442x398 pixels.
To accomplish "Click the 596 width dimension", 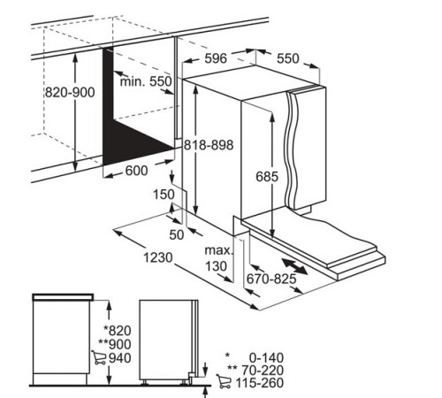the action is pyautogui.click(x=216, y=58).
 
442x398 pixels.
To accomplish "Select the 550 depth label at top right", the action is pyautogui.click(x=288, y=58).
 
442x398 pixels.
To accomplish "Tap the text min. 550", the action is pyautogui.click(x=146, y=81).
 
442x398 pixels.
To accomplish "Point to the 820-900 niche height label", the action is pyautogui.click(x=70, y=93).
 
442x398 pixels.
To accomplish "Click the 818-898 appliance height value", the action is pyautogui.click(x=209, y=145).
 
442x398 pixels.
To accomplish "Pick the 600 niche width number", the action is pyautogui.click(x=136, y=171).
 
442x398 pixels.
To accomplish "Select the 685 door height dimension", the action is pyautogui.click(x=267, y=177).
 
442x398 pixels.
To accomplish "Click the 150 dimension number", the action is pyautogui.click(x=164, y=195).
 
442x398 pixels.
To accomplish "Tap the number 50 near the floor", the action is pyautogui.click(x=177, y=234).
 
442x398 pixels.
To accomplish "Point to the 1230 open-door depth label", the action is pyautogui.click(x=158, y=257).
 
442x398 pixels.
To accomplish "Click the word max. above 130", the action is pyautogui.click(x=219, y=250).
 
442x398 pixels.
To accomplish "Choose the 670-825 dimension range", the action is pyautogui.click(x=271, y=279).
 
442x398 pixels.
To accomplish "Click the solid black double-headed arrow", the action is pyautogui.click(x=294, y=266).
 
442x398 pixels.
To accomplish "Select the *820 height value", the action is pyautogui.click(x=118, y=331).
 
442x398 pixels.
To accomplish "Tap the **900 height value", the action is pyautogui.click(x=115, y=344).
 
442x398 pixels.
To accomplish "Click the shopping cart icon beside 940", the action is pyautogui.click(x=99, y=357).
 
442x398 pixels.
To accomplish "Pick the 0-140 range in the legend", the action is pyautogui.click(x=266, y=357).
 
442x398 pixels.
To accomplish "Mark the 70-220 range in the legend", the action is pyautogui.click(x=263, y=370).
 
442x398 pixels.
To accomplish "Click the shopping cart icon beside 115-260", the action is pyautogui.click(x=224, y=381).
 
